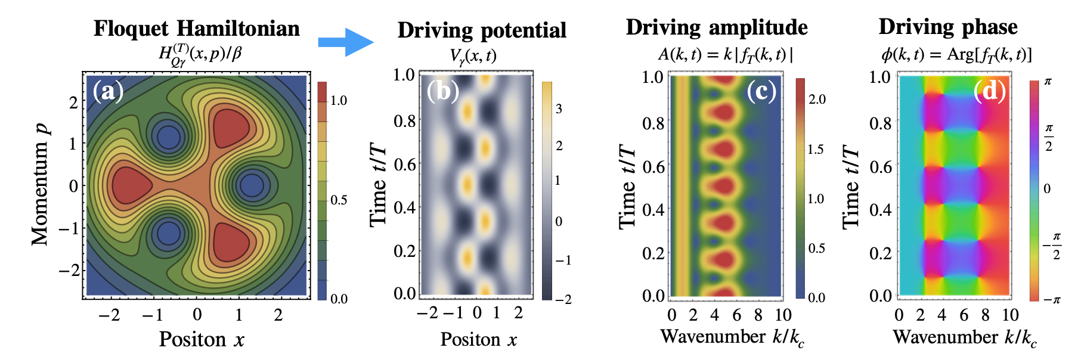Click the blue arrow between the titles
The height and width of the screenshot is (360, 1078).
[345, 42]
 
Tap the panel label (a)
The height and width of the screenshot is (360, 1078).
[108, 91]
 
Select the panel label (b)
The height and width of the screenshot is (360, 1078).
[442, 91]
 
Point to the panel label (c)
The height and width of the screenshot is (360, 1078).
[761, 91]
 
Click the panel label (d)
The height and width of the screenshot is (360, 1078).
[989, 91]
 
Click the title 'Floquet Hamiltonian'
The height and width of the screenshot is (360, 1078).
[197, 29]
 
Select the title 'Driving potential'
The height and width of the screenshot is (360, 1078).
[482, 30]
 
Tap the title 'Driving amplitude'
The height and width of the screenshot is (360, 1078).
[717, 27]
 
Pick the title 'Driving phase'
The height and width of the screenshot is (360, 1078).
[948, 27]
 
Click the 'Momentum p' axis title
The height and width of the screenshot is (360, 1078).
[40, 185]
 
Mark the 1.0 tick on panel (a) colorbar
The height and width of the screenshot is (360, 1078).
[339, 101]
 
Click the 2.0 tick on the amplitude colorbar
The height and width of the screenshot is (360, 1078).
[816, 100]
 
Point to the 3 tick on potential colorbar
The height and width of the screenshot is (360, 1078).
[559, 109]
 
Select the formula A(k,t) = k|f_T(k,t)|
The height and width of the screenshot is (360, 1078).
[725, 55]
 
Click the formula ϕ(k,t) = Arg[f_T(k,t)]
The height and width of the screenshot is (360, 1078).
[956, 55]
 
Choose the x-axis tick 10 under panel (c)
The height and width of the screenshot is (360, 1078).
[783, 315]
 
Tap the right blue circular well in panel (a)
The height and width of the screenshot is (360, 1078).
[252, 185]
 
